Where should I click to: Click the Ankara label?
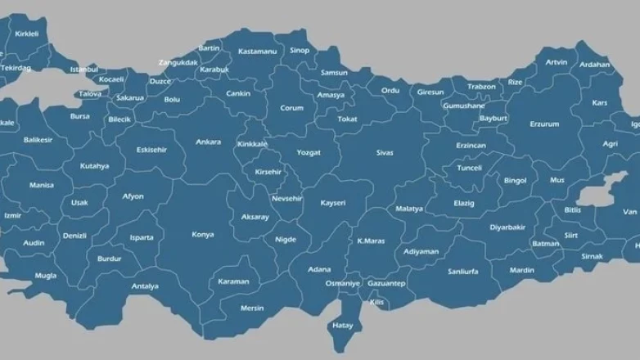tap(208, 142)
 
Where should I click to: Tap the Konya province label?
tap(203, 235)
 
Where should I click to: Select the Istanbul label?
tap(83, 70)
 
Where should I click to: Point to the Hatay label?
tap(342, 325)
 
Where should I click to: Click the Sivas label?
tap(385, 153)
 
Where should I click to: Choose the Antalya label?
tap(145, 286)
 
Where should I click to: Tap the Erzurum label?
tap(544, 124)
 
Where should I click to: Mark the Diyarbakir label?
tap(507, 227)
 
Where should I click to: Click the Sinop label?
tap(300, 51)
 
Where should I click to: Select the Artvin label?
tap(557, 62)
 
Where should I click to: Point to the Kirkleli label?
tap(27, 34)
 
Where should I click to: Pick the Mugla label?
tap(46, 276)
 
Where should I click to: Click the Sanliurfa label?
tap(463, 271)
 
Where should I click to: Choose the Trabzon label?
tap(481, 87)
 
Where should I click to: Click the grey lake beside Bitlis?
tap(603, 193)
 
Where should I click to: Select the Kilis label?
tap(376, 302)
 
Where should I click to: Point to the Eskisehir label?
tap(151, 150)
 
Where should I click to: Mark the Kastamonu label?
tap(258, 52)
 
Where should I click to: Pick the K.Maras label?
tap(371, 241)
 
